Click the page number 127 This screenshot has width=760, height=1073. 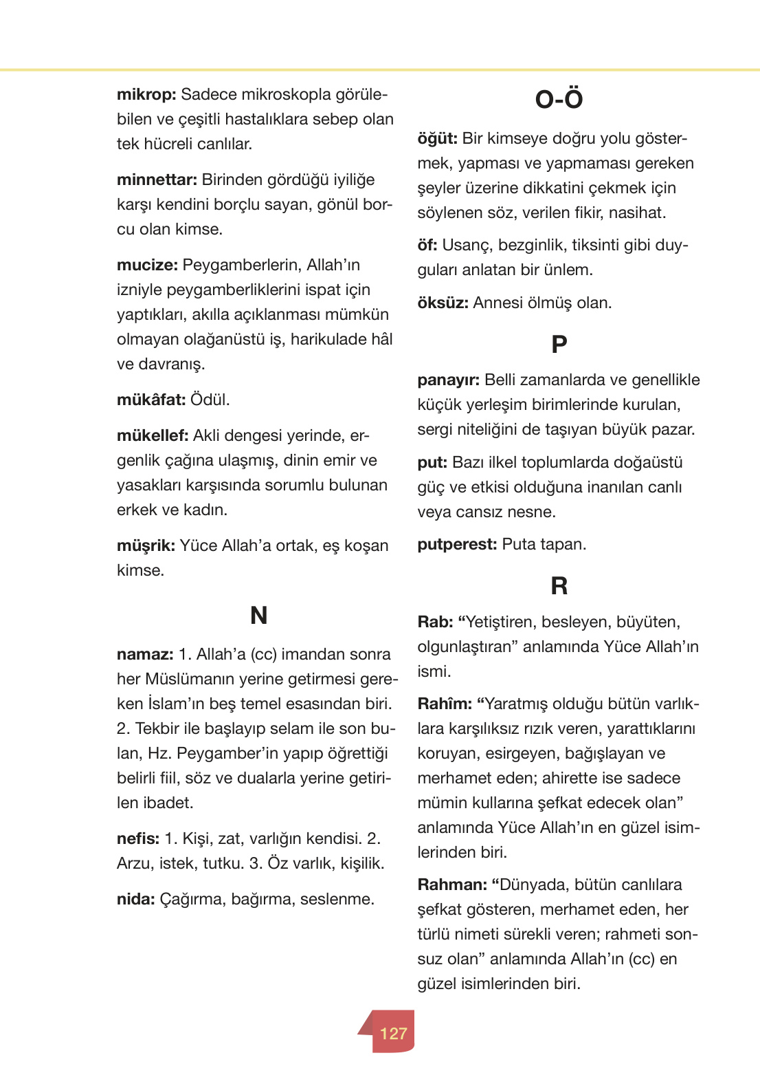point(393,1033)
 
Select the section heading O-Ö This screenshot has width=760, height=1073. point(559,100)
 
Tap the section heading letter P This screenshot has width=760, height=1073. point(559,344)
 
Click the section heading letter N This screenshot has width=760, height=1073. point(258,615)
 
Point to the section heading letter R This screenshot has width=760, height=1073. point(559,586)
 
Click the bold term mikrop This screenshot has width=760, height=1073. point(146,95)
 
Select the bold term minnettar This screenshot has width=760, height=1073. point(157,180)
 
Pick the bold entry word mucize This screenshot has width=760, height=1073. point(147,265)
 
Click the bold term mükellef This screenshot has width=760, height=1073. point(153,436)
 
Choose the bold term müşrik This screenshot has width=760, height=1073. point(146,546)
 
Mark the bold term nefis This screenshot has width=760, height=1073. point(137,839)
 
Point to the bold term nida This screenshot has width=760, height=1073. point(135,900)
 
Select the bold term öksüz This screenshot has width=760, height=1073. point(443,303)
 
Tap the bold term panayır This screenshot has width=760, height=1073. point(448,380)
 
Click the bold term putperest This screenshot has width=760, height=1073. point(457,545)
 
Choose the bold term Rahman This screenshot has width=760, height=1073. point(452,885)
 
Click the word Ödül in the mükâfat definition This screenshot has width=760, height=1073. point(210,400)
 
